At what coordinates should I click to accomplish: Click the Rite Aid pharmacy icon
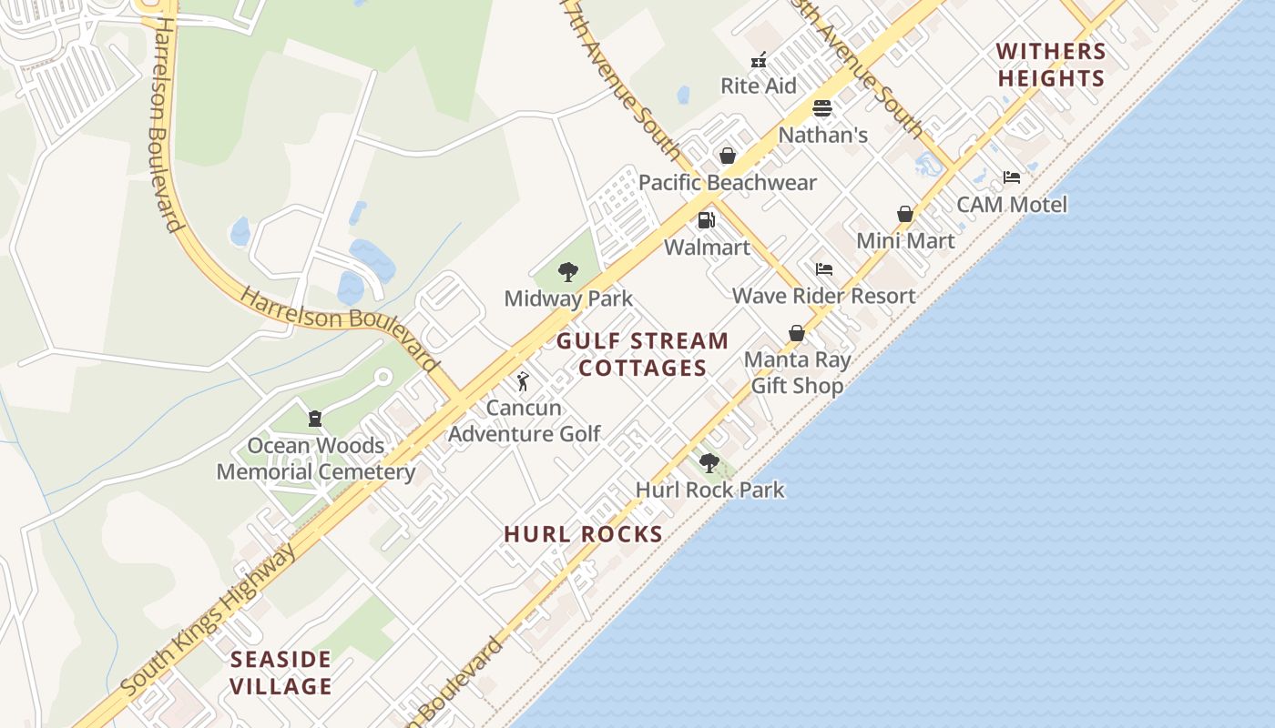tap(759, 61)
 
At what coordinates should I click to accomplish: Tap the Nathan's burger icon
tap(822, 109)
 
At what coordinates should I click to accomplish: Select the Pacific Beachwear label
tap(727, 182)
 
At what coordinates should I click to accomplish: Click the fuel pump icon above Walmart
tap(706, 220)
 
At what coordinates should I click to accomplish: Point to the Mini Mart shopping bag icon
tap(905, 215)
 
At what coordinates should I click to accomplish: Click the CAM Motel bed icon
tap(1012, 177)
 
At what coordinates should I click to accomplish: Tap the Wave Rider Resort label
tap(823, 296)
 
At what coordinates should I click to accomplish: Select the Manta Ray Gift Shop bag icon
tap(797, 334)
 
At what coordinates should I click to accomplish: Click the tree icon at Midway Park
tap(568, 271)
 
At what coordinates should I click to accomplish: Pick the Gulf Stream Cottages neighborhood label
tap(642, 354)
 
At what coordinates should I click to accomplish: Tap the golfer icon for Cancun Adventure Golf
tap(523, 381)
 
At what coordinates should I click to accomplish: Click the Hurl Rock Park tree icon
tap(709, 463)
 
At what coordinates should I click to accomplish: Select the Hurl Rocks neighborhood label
tap(583, 534)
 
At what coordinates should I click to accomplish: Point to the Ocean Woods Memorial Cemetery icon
tap(315, 419)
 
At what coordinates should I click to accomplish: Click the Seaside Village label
tap(280, 672)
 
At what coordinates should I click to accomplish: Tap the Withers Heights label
tap(1051, 65)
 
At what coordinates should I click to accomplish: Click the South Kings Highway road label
tap(210, 620)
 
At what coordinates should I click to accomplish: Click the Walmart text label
tap(707, 248)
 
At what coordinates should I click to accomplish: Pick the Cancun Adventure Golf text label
tap(524, 420)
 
